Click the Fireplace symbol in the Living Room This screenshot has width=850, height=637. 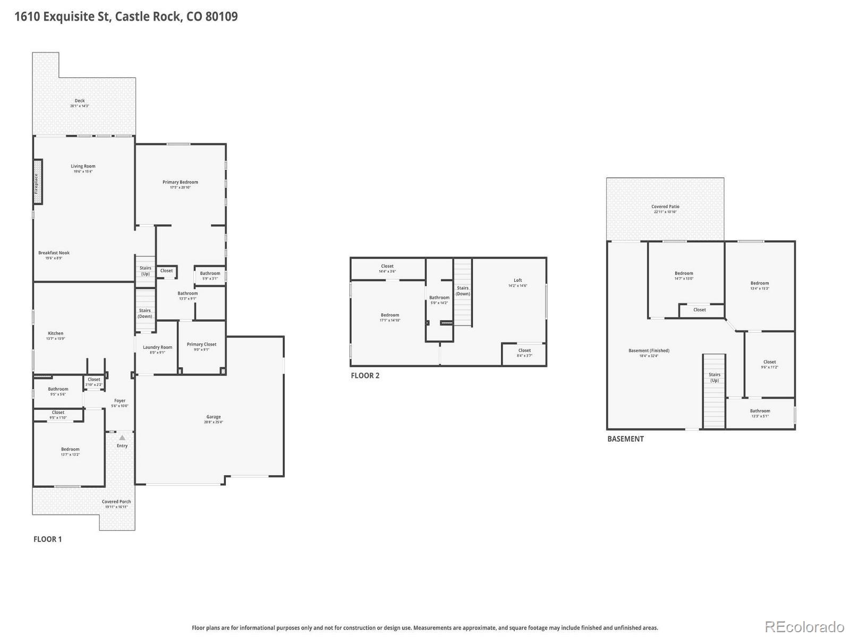tap(38, 182)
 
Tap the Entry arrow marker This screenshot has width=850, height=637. tap(122, 438)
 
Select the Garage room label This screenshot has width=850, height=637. tap(214, 417)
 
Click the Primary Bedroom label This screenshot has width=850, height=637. tap(180, 182)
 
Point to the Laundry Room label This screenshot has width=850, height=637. tap(157, 347)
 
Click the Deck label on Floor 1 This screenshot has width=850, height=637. tap(80, 101)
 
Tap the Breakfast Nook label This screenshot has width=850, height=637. tap(54, 253)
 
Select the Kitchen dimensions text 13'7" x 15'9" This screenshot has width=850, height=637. tap(55, 339)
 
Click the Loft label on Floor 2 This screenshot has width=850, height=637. tap(517, 280)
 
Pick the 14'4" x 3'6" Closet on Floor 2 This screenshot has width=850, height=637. tap(387, 269)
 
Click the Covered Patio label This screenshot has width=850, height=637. tap(665, 206)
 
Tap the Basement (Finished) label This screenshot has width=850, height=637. tap(649, 350)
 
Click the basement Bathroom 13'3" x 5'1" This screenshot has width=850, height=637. tap(760, 413)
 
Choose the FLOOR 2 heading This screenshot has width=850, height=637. tap(365, 375)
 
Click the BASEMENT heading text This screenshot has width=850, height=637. tap(625, 438)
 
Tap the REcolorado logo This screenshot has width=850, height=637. tap(804, 626)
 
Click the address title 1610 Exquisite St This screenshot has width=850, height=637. tap(125, 16)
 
